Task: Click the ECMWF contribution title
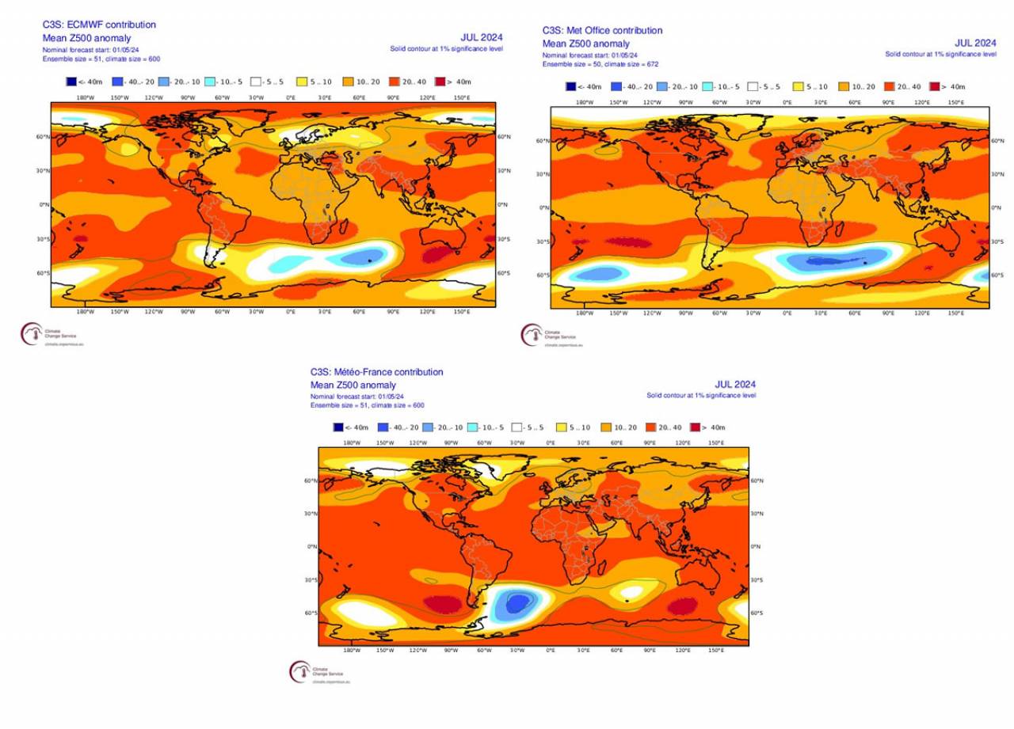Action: (x=99, y=25)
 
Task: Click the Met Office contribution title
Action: (x=602, y=30)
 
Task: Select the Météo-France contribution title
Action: (x=377, y=372)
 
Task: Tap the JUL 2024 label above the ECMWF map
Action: (x=482, y=36)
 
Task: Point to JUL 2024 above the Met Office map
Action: (x=975, y=43)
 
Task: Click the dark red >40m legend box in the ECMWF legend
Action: (x=440, y=81)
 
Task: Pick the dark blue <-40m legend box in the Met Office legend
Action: (x=570, y=87)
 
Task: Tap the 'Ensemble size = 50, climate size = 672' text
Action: (x=600, y=64)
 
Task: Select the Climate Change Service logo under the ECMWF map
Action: (x=29, y=334)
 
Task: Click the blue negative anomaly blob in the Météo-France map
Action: (x=517, y=605)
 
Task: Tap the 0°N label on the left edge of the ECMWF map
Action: (x=44, y=205)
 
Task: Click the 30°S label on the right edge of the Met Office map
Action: (x=997, y=241)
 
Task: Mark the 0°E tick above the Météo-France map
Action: (x=550, y=442)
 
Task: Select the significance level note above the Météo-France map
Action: (x=700, y=395)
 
